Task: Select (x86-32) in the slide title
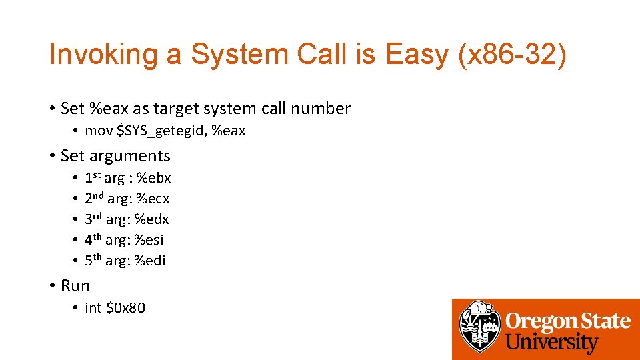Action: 511,55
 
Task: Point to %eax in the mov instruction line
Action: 229,131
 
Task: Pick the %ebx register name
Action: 154,178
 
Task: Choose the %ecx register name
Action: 153,199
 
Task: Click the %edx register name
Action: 152,219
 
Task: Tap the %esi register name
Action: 149,240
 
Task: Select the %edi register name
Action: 150,261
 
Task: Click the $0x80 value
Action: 125,308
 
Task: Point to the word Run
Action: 75,286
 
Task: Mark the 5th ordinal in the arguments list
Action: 93,260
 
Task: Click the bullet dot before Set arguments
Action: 51,157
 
